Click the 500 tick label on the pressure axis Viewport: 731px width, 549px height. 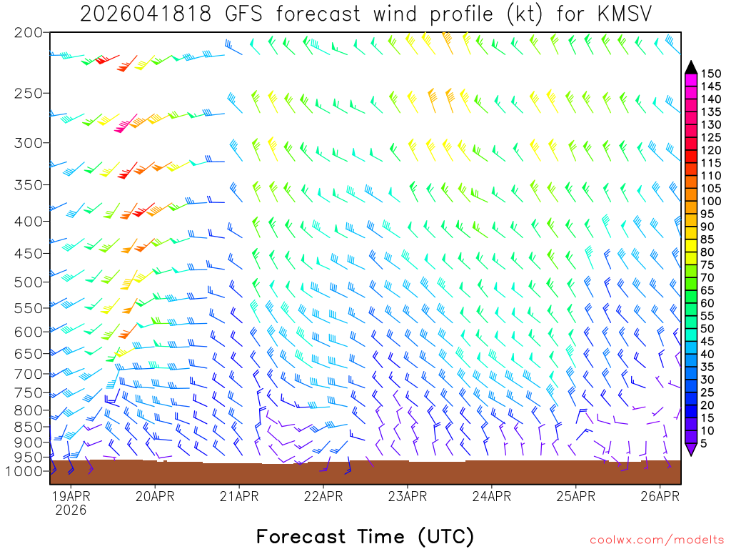point(28,282)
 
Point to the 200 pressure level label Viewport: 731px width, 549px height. point(28,33)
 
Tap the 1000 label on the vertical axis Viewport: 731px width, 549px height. point(25,471)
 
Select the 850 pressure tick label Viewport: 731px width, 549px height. point(28,427)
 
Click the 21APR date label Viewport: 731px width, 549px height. point(238,495)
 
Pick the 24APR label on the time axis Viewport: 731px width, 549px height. point(491,495)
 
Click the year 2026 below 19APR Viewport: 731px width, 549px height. point(71,510)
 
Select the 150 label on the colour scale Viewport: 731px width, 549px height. point(711,73)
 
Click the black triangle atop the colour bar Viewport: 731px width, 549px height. point(691,67)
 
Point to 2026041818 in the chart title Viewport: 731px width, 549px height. point(146,14)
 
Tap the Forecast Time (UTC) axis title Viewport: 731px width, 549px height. point(365,536)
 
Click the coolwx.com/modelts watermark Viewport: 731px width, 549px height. point(655,540)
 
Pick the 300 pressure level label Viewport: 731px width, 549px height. point(28,143)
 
